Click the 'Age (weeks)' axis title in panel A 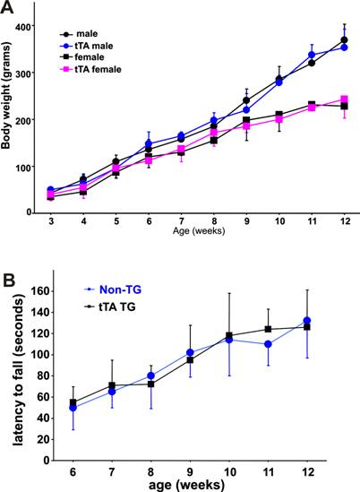195,232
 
